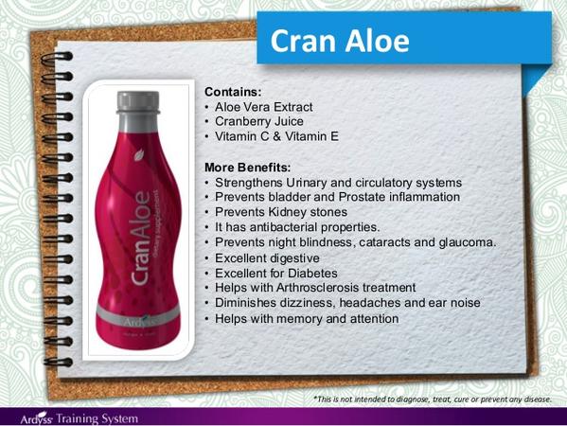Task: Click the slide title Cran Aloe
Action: [x=340, y=41]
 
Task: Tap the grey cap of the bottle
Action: [x=138, y=102]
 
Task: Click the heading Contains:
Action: [x=233, y=92]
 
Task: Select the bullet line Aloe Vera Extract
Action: [x=263, y=107]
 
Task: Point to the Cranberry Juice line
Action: [x=259, y=121]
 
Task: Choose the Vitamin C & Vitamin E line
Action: [x=276, y=136]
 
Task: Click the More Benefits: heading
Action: [x=248, y=168]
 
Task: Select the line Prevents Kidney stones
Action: [x=281, y=212]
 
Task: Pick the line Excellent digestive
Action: [x=267, y=258]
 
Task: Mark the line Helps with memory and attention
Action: [x=307, y=319]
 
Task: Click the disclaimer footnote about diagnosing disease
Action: [x=433, y=399]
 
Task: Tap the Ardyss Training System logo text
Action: [x=80, y=418]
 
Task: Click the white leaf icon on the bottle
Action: [x=139, y=154]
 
